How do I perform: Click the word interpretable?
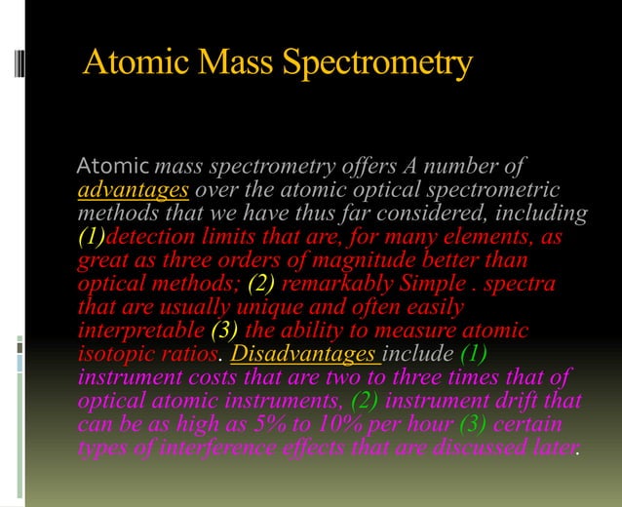136,331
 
